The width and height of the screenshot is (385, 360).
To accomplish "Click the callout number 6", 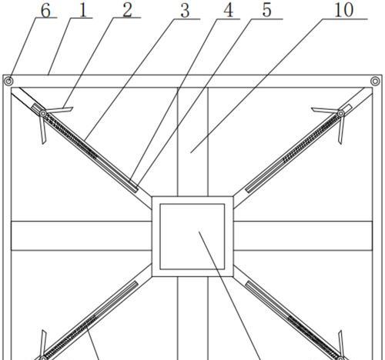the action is (45, 11).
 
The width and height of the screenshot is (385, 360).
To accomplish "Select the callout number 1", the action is (83, 11).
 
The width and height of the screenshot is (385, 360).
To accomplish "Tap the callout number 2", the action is (128, 11).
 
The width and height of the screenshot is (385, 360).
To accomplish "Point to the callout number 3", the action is (185, 12).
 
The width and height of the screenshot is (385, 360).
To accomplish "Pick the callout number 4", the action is (228, 12).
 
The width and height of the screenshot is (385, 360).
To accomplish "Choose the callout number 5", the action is (266, 12).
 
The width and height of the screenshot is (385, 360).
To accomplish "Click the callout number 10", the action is (344, 11).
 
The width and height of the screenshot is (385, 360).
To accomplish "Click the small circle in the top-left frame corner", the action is (8, 82).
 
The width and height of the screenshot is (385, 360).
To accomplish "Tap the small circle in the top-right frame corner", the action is (375, 82).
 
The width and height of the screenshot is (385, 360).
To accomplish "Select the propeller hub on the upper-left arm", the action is (43, 113).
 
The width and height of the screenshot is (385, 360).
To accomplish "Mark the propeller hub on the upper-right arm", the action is (341, 113).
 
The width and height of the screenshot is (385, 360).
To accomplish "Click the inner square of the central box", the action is (192, 237).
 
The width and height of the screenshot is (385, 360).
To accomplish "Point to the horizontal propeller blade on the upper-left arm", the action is (59, 110).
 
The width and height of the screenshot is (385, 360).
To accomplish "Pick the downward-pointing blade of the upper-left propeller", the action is (42, 130).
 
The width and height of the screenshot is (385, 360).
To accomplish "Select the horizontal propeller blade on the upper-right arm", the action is (325, 110).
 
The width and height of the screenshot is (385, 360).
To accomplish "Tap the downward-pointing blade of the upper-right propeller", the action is (341, 130).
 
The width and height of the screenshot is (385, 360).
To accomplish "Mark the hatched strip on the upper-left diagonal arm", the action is (71, 137).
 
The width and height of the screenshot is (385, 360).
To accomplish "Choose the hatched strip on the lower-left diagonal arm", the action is (71, 336).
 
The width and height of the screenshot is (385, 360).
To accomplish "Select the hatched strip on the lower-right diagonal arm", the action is (313, 336).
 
